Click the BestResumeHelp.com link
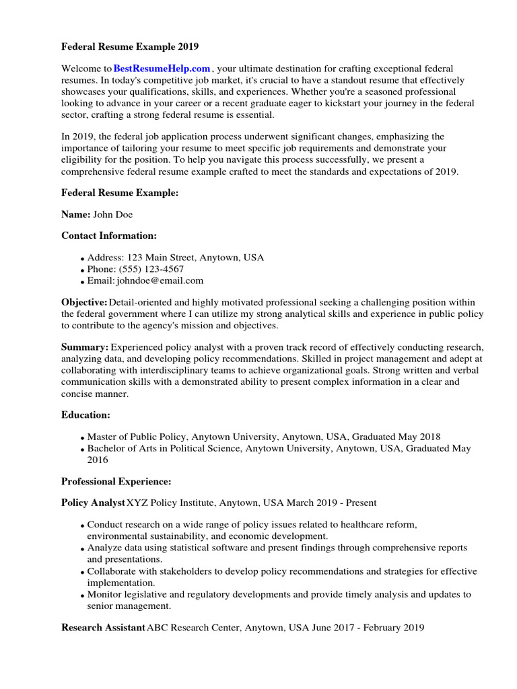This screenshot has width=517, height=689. coord(162,69)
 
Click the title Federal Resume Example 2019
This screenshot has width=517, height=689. coord(130,47)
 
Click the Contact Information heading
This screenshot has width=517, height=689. coord(109,235)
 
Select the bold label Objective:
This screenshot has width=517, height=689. coord(84,302)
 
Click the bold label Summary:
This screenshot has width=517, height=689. coord(85,347)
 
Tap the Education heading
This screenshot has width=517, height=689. coord(85,415)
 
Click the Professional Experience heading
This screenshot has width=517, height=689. coord(116,481)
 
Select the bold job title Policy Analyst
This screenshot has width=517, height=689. coord(93,503)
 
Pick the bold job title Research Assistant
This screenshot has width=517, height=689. coord(103,628)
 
